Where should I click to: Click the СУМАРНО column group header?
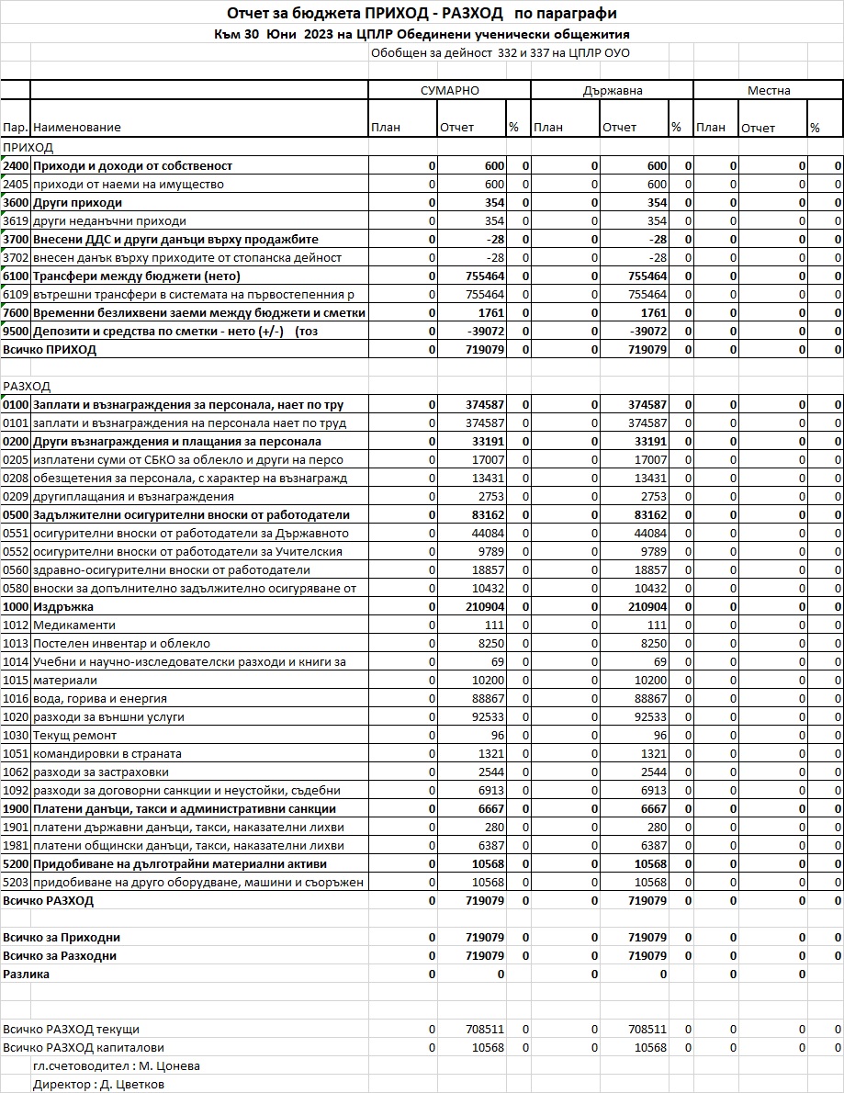point(449,91)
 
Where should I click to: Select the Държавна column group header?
point(612,91)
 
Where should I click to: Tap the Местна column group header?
point(768,91)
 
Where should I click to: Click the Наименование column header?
point(77,128)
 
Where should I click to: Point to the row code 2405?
point(16,185)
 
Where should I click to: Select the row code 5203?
point(16,883)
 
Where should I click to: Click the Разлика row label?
point(27,975)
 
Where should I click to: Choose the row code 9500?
point(16,332)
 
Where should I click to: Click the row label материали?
point(64,681)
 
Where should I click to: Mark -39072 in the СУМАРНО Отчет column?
point(484,332)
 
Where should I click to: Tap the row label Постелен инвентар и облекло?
point(121,644)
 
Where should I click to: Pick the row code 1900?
point(16,809)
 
